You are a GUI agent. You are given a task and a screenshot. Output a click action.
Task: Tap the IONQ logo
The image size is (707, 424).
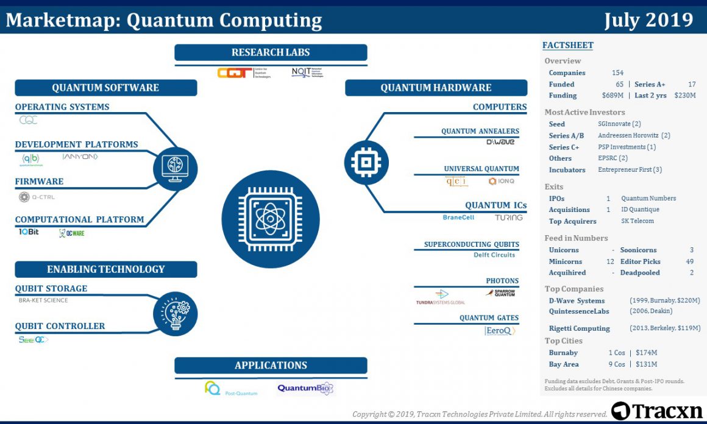click(502, 181)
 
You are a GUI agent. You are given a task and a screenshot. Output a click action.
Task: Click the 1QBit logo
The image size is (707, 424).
click(28, 231)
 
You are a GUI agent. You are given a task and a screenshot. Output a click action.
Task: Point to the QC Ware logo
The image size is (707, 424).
click(72, 233)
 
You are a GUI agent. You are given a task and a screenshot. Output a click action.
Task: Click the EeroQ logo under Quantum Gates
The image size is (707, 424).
click(500, 331)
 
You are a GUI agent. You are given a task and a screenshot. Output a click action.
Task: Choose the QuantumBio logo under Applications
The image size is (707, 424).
click(305, 388)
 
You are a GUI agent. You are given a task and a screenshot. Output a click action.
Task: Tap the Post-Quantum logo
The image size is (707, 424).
click(231, 389)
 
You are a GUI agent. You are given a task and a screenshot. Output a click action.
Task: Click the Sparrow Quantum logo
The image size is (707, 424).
click(500, 293)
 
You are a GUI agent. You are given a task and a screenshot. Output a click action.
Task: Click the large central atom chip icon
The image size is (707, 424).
click(271, 219)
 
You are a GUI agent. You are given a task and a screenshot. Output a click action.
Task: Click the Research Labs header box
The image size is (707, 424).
click(271, 52)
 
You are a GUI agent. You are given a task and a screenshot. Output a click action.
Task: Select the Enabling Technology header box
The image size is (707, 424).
click(106, 269)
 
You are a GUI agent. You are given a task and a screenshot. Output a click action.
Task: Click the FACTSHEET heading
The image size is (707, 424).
click(567, 45)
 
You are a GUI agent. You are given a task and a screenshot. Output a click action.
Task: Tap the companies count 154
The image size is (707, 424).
click(617, 73)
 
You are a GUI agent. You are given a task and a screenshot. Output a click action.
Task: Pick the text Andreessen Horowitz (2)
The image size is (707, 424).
click(634, 135)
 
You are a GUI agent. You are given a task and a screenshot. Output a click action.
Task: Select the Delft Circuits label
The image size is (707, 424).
click(494, 255)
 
